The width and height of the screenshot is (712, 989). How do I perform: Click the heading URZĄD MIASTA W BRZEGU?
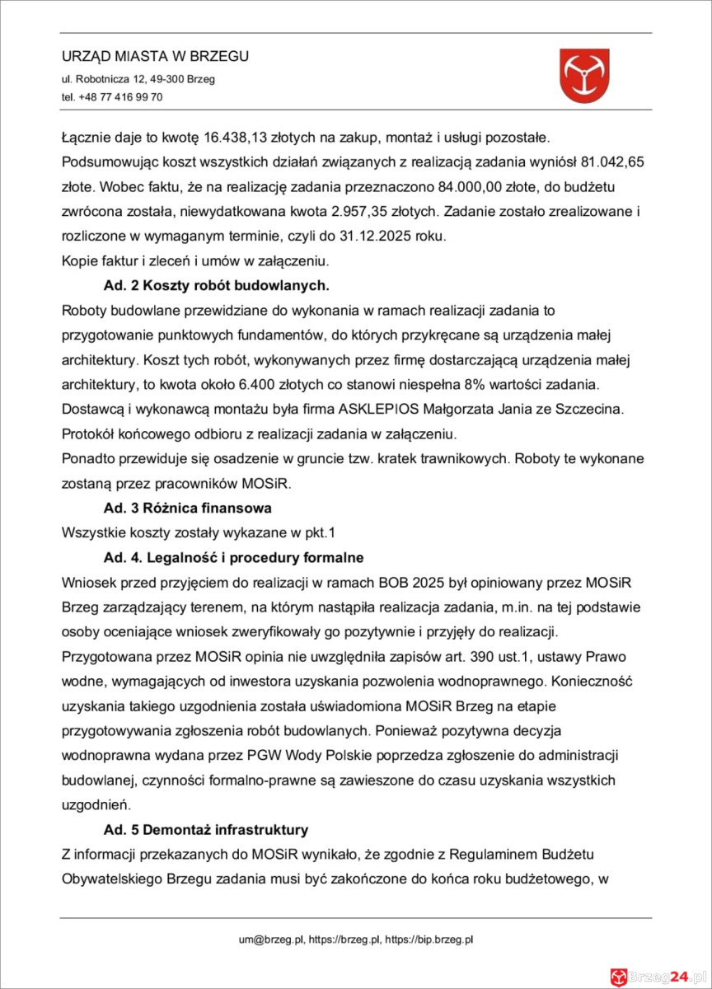point(155,57)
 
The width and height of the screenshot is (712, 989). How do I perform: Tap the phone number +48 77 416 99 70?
point(120,97)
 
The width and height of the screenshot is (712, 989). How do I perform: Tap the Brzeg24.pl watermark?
point(659,973)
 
